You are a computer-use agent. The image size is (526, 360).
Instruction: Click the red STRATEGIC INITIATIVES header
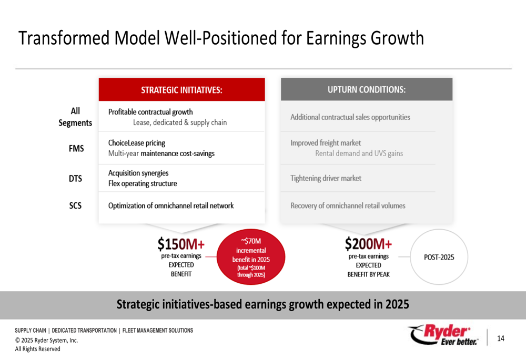coord(182,89)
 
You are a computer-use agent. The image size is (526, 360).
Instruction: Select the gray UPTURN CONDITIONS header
coord(367,89)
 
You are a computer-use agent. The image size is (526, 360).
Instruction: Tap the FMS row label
coord(76,149)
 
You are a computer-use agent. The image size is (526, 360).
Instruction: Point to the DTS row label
coord(75,179)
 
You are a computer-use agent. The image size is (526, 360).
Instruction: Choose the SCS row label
coord(75,205)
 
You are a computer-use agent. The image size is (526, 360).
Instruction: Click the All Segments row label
coord(75,117)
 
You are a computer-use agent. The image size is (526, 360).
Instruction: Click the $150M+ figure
coord(181,244)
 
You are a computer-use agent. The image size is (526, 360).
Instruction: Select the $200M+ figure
coord(368,244)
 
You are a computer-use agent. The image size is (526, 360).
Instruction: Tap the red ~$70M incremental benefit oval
coord(251,257)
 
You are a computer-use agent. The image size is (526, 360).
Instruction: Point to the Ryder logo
coord(443,335)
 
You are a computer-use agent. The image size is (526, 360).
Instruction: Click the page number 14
coord(501,338)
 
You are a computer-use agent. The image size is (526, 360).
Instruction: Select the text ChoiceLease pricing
coord(137,143)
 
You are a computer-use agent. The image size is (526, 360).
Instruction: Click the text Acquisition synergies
coord(138,173)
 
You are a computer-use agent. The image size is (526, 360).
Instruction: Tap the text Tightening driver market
coord(326,178)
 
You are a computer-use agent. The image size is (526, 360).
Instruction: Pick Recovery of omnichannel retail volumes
coord(348,205)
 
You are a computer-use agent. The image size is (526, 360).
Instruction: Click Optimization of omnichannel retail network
coord(171,205)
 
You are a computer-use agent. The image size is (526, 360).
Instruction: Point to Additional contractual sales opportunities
coord(350,117)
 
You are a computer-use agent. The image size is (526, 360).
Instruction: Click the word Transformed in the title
coord(64,38)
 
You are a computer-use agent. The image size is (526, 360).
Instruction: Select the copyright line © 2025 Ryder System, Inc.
coord(46,340)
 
